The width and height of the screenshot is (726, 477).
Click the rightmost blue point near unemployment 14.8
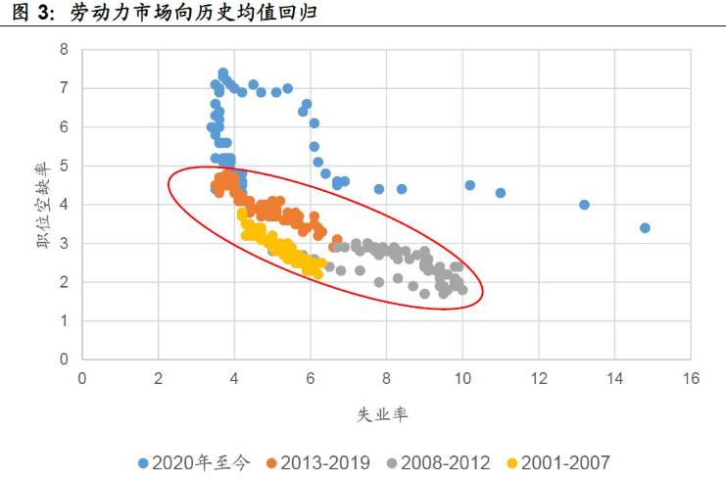point(645,227)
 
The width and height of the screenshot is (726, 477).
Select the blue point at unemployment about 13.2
point(584,205)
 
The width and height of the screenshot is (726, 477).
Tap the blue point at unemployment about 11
point(501,193)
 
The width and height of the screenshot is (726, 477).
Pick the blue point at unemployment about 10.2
point(470,185)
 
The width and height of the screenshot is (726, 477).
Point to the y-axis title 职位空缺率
point(44,204)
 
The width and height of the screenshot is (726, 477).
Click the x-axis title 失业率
point(382,414)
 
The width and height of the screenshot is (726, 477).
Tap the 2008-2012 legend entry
point(440,461)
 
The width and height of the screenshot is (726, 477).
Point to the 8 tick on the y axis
point(65,49)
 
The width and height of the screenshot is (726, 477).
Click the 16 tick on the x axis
point(691,377)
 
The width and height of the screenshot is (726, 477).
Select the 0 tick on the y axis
point(65,359)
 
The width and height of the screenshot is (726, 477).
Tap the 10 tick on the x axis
point(462,377)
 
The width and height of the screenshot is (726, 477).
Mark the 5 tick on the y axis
point(65,166)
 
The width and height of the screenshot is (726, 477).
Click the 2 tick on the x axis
point(159,377)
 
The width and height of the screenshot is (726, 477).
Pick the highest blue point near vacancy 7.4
point(223,73)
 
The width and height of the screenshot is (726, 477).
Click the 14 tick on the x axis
point(614,377)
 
